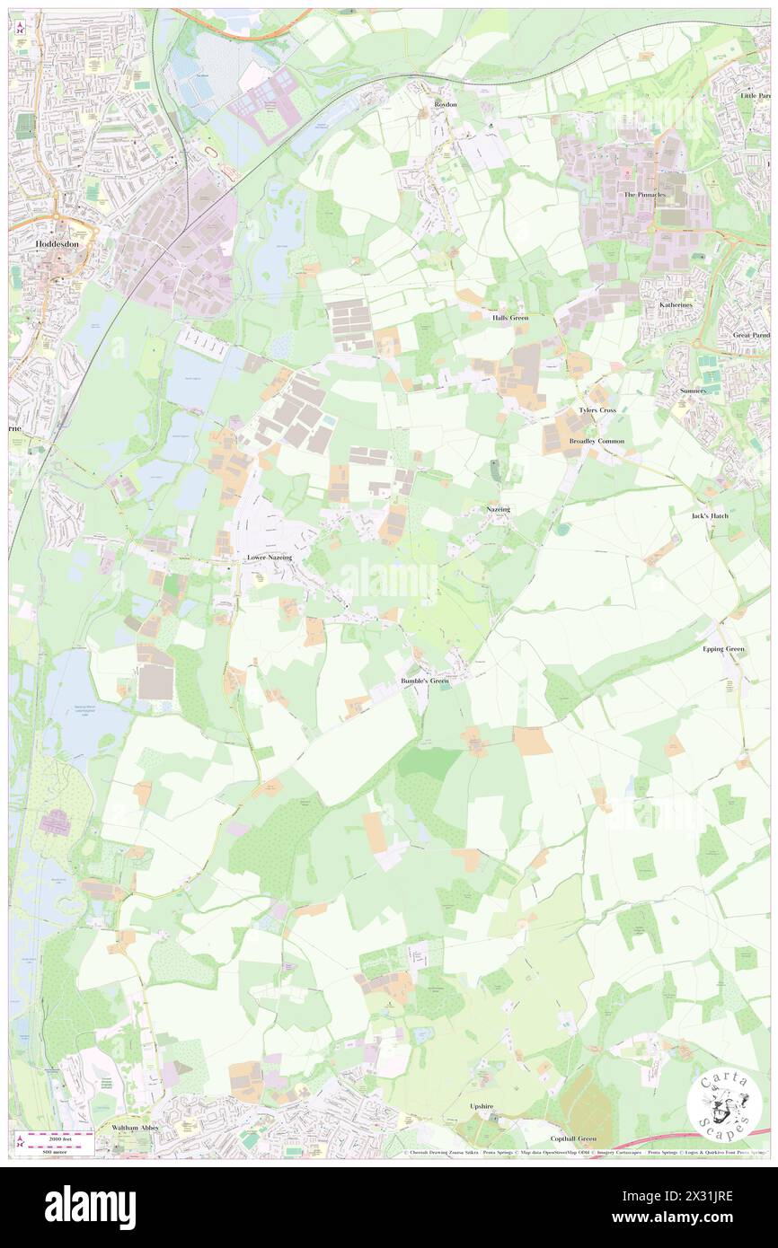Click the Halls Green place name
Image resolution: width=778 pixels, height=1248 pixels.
[x=509, y=318]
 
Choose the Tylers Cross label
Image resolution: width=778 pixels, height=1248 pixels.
[x=597, y=409]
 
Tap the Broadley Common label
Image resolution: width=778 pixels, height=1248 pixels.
[x=597, y=442]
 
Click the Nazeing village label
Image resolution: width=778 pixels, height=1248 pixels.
[x=498, y=509]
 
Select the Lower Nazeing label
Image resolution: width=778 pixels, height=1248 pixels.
[x=270, y=558]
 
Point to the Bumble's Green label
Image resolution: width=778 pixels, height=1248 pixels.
[x=424, y=681]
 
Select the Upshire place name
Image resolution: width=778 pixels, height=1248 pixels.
[x=482, y=1106]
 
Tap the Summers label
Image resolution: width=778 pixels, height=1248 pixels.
[x=692, y=391]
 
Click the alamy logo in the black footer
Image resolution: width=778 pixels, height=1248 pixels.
[x=90, y=1207]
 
